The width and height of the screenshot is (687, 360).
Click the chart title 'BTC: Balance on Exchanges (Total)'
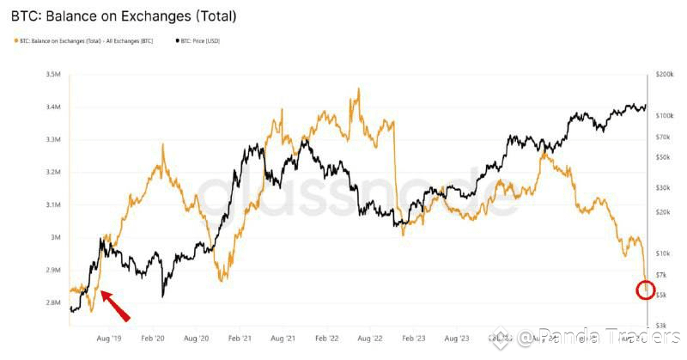point(123,16)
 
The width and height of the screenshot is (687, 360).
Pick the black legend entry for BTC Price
point(199,40)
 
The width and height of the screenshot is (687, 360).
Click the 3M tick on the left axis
point(54,237)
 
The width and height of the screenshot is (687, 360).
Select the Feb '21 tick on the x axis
point(240,339)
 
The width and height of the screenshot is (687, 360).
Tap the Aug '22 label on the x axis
point(371,339)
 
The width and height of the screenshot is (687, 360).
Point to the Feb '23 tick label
point(414,339)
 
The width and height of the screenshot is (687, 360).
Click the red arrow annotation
point(116,306)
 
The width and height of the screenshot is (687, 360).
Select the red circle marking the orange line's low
point(647,290)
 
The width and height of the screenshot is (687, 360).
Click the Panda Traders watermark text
point(601,337)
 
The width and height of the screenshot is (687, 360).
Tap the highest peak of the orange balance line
point(358,88)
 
